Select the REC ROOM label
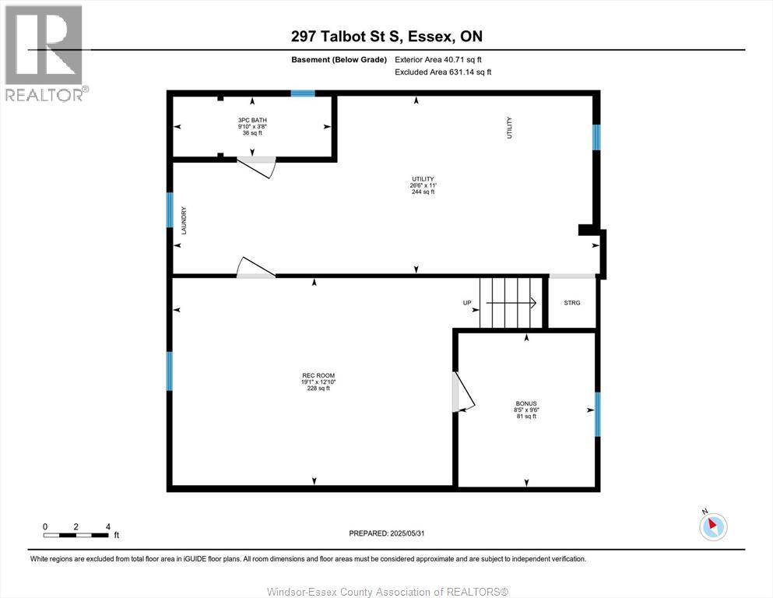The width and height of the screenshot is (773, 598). point(314,375)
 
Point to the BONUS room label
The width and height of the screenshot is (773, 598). point(526,404)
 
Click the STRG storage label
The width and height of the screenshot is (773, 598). point(571,303)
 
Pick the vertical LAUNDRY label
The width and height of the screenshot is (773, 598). point(184,220)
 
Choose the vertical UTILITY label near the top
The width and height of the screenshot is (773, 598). point(509,127)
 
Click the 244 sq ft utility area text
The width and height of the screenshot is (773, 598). point(423,192)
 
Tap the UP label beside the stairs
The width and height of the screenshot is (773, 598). point(467,303)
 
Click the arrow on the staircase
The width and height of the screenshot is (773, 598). point(511,303)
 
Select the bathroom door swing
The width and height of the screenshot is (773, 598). point(257,166)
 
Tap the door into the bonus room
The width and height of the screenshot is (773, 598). point(462,391)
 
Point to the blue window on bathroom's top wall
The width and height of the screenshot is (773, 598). point(303,93)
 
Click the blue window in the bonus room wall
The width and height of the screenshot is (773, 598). point(597,413)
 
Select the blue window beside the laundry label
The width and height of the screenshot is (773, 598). point(169,209)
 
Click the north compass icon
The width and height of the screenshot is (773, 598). point(712,526)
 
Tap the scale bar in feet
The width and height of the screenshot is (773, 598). point(76,535)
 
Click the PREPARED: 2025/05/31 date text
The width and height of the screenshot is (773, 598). point(388,533)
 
